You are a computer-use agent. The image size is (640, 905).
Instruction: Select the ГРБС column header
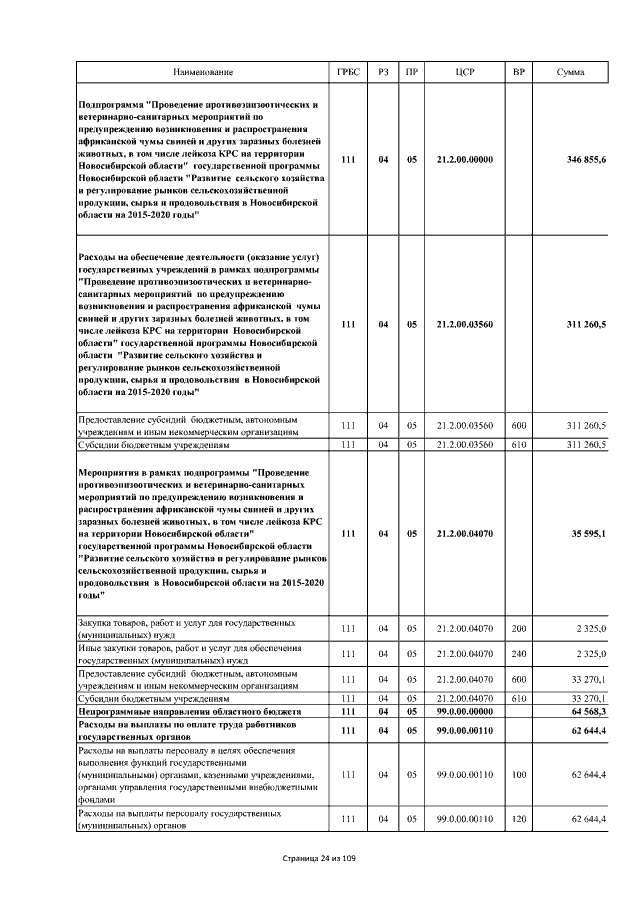[x=347, y=73]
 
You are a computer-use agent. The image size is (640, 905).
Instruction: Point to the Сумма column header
[x=570, y=73]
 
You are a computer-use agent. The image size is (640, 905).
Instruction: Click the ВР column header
[x=518, y=73]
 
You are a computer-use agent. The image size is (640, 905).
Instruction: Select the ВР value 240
[x=518, y=654]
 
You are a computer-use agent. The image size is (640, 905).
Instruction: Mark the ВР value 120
[x=518, y=819]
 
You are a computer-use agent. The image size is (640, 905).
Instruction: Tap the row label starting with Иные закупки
[x=189, y=654]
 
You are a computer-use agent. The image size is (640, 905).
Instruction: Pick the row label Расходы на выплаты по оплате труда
[x=188, y=729]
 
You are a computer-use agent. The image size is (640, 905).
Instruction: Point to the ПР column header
[x=411, y=73]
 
